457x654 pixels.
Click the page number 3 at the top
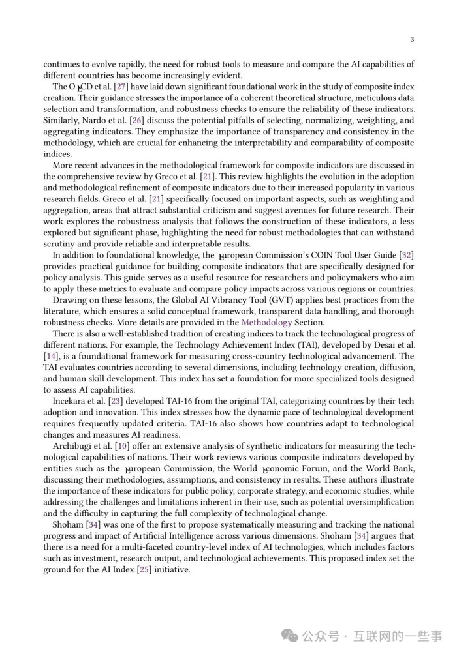(x=412, y=40)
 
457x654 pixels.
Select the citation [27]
(x=122, y=87)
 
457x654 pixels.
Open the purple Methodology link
(x=266, y=322)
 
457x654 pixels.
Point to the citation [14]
(x=51, y=356)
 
